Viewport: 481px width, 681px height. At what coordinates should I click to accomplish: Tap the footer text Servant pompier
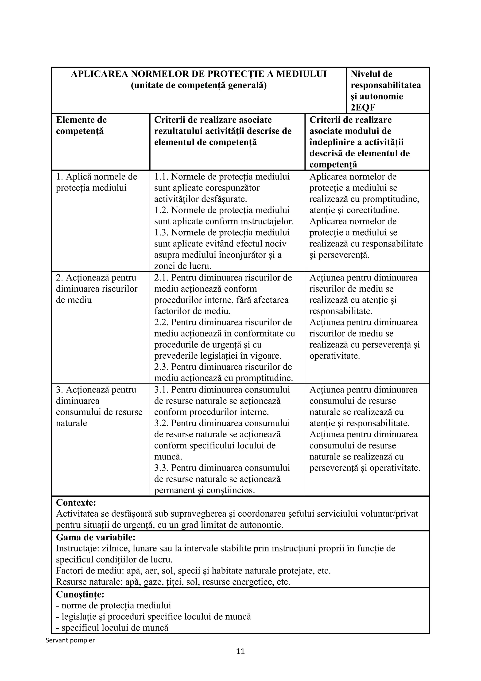pos(70,640)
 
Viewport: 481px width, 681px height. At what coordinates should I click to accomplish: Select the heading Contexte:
pos(76,503)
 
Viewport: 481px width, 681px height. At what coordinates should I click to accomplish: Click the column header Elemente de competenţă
pos(81,126)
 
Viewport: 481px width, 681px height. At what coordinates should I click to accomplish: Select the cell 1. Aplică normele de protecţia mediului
pos(97,182)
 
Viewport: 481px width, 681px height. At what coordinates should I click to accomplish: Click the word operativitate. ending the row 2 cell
pos(334,356)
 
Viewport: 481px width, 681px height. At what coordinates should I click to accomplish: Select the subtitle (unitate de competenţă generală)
pos(199,85)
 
